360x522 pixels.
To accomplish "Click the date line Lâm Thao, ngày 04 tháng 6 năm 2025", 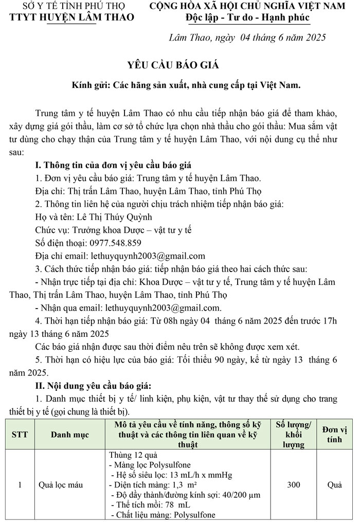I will point(247,38).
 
